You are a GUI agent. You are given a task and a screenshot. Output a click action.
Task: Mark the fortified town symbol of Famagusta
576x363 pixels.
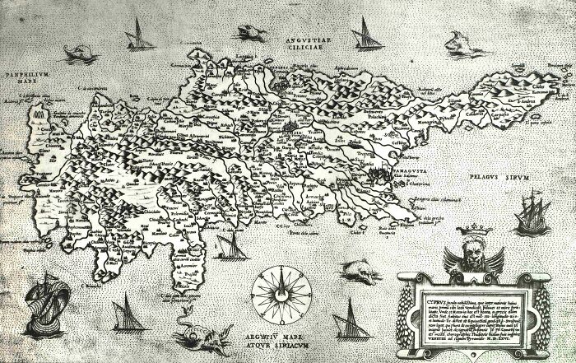(381, 176)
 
